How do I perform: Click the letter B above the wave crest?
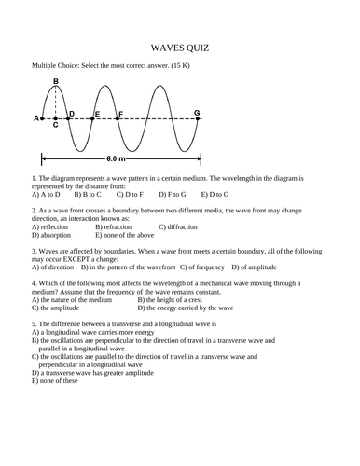coord(56,82)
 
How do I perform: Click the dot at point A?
coord(42,119)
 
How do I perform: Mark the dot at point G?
coord(197,119)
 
